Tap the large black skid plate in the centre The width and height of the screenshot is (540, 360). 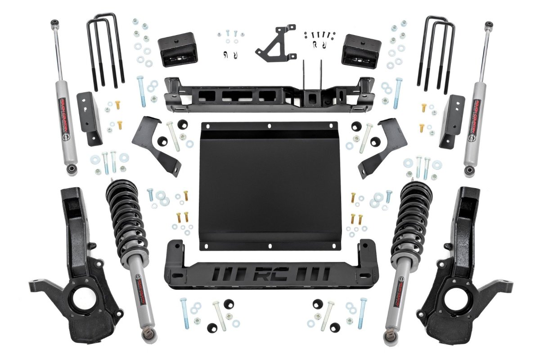[269, 184]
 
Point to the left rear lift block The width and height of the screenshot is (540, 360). [177, 49]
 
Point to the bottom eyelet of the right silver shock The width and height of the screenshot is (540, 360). [470, 171]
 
